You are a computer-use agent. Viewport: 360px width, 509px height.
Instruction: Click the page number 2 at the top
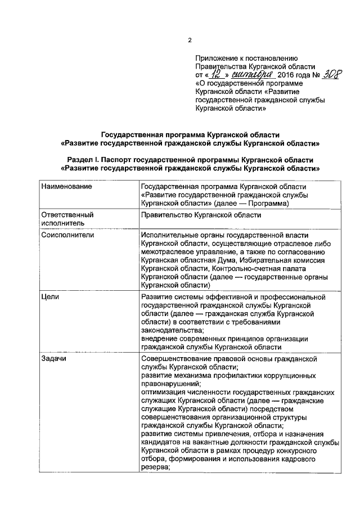(x=190, y=40)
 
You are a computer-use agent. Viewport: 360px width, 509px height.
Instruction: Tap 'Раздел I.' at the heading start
(x=82, y=160)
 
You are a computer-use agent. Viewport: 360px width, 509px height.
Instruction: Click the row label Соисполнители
(x=67, y=235)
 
